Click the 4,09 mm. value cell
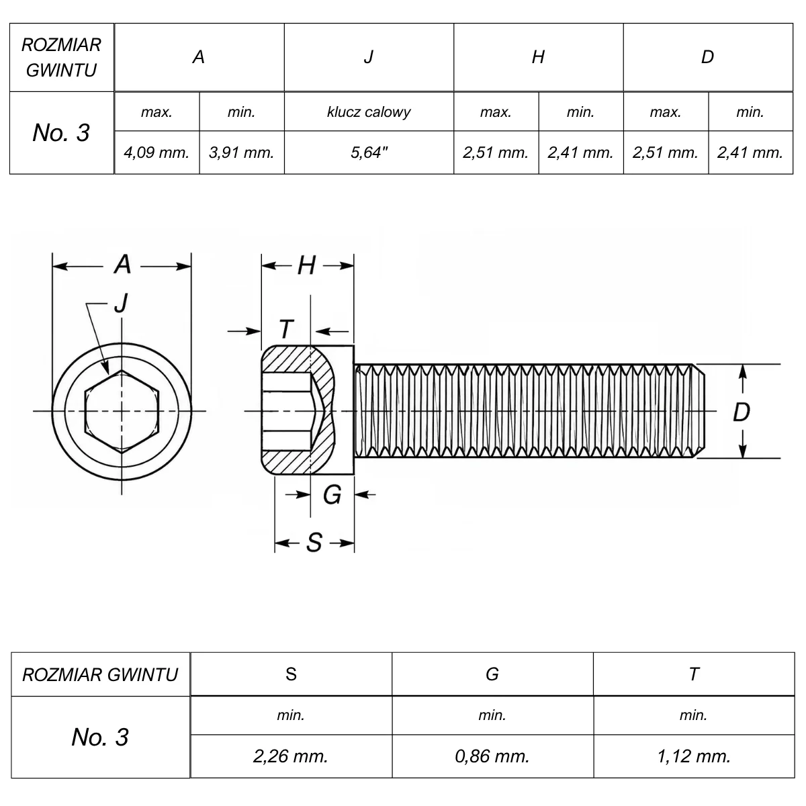156,152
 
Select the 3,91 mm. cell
241,152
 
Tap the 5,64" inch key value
369,152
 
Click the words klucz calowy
369,111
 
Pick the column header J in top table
369,57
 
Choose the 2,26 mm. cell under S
291,756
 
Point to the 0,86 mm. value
492,756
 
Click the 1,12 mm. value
694,756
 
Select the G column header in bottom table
492,674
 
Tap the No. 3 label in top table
61,132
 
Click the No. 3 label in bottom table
100,737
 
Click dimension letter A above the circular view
122,265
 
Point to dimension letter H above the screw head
306,265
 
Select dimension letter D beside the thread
742,412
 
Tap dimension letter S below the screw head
314,543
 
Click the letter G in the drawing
332,495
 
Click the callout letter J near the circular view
121,303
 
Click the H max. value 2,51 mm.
496,152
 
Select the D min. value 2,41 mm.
750,152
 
